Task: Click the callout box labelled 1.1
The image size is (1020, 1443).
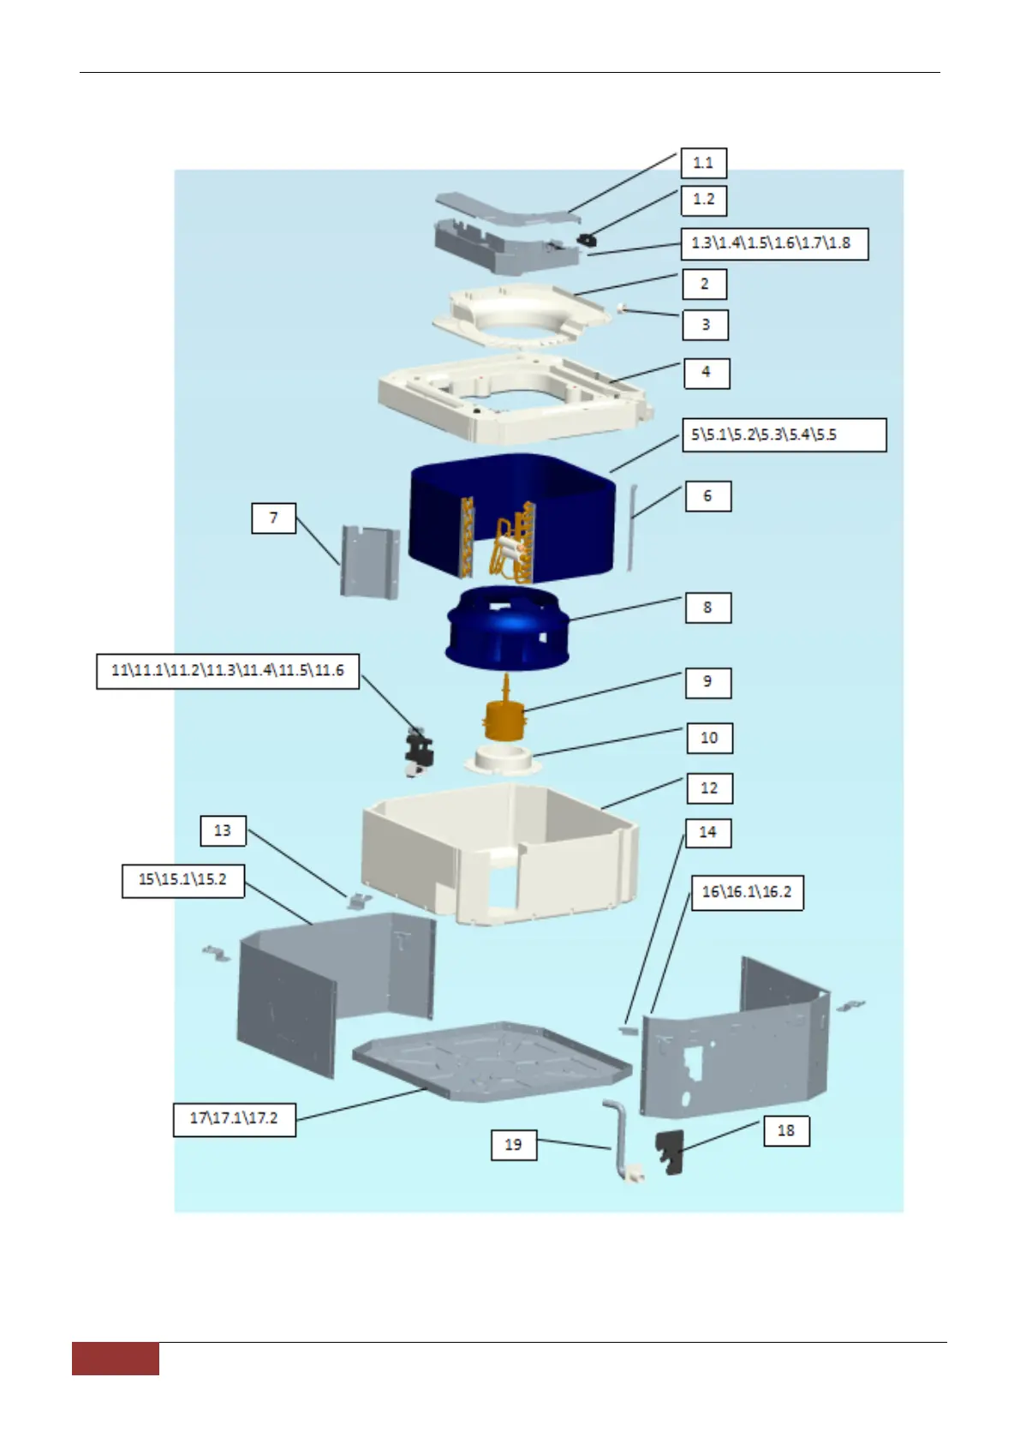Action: point(703,163)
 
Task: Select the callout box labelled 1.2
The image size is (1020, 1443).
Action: point(703,200)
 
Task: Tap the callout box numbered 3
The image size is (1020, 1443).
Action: point(706,325)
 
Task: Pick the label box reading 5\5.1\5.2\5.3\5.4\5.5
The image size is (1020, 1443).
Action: point(784,435)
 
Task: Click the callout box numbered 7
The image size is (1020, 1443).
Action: point(273,518)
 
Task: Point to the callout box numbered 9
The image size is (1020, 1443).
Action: point(707,682)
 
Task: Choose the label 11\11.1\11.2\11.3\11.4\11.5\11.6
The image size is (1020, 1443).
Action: point(228,671)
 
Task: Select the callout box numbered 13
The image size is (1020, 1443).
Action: point(223,830)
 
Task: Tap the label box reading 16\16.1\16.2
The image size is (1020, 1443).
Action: point(747,892)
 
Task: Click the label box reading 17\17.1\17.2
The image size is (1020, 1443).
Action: point(235,1119)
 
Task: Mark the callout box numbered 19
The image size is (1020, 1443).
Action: point(513,1145)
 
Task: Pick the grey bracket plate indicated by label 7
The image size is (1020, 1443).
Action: point(371,561)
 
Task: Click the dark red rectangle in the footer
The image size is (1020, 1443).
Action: point(116,1358)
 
